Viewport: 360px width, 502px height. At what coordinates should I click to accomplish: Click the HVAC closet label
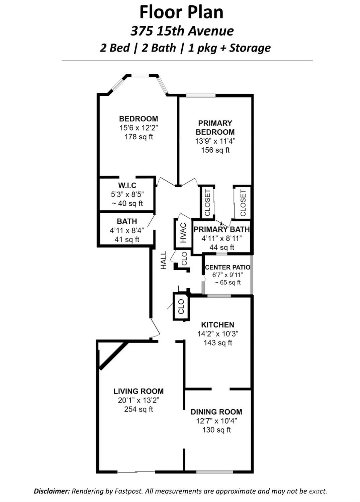tap(183, 233)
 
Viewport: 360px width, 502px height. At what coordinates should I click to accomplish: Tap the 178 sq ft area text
tap(139, 137)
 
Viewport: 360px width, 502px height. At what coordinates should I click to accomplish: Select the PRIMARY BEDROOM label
tap(215, 128)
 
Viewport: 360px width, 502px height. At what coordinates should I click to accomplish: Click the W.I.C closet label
tap(127, 186)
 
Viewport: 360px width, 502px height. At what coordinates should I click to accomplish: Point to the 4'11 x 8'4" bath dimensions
tap(127, 230)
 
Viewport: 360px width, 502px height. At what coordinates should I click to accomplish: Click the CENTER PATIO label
tap(227, 267)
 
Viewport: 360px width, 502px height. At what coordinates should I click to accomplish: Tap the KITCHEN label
tap(217, 325)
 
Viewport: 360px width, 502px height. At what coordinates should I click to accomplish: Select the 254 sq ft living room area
tap(139, 409)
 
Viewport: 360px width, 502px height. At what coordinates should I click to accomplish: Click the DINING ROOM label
tap(216, 412)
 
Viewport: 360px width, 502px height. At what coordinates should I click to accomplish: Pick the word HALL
tap(164, 260)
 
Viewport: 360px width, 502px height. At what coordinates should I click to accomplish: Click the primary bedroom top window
tap(201, 96)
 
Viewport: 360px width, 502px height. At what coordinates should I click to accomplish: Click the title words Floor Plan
tap(181, 12)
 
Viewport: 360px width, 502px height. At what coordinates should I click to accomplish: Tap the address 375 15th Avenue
tap(182, 31)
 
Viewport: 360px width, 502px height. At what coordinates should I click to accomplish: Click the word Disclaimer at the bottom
tap(52, 491)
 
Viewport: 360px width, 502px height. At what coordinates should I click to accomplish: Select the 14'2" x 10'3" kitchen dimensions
tap(217, 334)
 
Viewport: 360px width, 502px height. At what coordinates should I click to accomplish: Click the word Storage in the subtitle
tap(250, 48)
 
